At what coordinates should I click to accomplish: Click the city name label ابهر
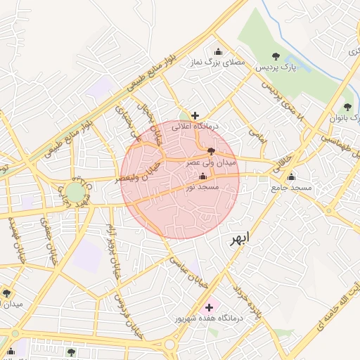click(x=239, y=238)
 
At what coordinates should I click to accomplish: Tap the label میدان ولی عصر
click(x=211, y=162)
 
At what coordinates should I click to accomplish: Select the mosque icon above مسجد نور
click(x=203, y=176)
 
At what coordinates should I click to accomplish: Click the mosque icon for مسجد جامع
click(x=292, y=176)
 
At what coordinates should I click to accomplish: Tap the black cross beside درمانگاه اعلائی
click(x=195, y=115)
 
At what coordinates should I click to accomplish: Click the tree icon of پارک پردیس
click(x=276, y=56)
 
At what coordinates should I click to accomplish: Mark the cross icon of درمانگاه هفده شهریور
click(x=208, y=307)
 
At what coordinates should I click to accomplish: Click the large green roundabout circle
click(x=75, y=192)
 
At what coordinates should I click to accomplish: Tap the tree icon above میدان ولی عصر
click(x=211, y=150)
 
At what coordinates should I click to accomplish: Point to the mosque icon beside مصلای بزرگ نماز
click(x=217, y=51)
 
